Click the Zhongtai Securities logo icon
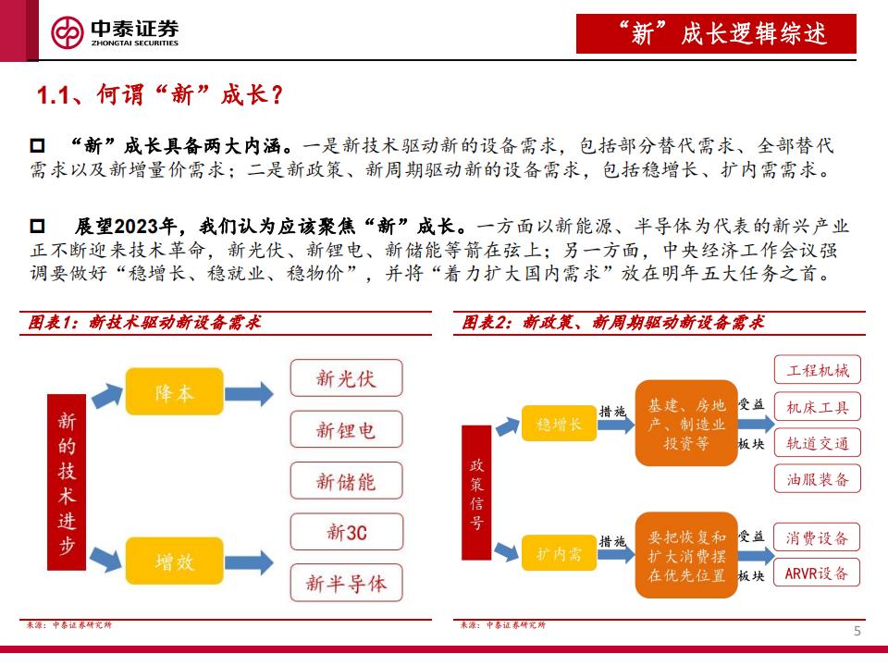point(67,33)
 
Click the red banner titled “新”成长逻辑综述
point(716,34)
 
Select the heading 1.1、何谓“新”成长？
point(158,95)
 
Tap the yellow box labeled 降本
point(175,392)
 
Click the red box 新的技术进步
point(67,475)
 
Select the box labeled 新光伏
point(346,377)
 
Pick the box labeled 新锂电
point(346,430)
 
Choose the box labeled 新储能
point(346,481)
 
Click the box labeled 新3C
point(346,532)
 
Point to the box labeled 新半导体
point(346,583)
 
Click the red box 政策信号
point(476,493)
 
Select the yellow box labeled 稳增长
point(559,425)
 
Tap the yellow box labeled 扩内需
point(559,554)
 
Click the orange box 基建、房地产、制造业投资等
point(686,423)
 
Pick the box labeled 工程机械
point(817,371)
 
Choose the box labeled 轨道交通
point(817,443)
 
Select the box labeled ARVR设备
point(817,573)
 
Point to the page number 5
point(857,632)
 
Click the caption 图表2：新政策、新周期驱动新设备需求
point(613,323)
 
